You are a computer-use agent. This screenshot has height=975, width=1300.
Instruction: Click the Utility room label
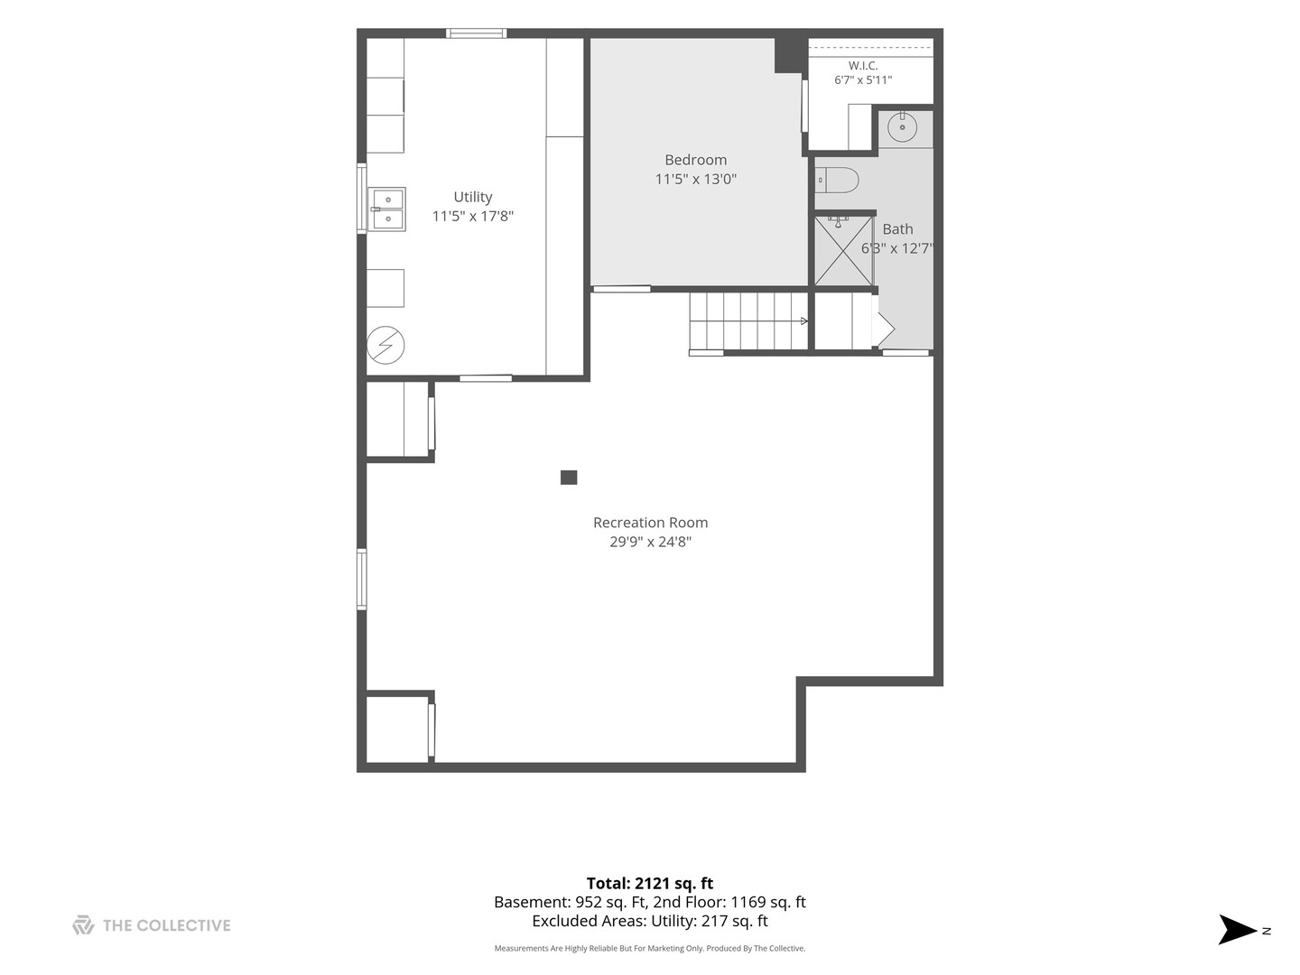(473, 197)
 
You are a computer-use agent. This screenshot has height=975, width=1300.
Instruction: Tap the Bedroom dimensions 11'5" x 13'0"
(695, 179)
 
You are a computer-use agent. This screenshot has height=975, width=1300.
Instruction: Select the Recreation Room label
(650, 523)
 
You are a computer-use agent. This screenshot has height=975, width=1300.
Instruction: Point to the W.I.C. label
(863, 66)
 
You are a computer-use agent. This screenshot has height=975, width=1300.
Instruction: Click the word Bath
(898, 229)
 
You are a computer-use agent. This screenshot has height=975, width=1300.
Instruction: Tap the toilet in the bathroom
(837, 180)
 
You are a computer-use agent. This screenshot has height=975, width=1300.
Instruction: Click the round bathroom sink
(902, 127)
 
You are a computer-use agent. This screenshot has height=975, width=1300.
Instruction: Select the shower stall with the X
(843, 251)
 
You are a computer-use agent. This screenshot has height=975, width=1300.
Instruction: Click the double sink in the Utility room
(386, 209)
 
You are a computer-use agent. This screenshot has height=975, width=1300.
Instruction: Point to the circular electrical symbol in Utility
(385, 345)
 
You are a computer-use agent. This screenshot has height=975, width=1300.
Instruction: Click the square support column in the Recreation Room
(569, 478)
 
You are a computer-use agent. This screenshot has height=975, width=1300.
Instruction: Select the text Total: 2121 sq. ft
(650, 883)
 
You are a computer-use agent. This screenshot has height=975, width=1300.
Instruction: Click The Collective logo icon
(83, 924)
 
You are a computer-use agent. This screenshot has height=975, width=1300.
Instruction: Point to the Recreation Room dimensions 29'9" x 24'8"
(650, 542)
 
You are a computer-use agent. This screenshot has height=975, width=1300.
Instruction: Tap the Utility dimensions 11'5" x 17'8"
(473, 216)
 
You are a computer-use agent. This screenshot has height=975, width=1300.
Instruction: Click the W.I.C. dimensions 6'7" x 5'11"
(863, 80)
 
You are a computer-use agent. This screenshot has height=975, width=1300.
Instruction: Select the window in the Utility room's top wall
(476, 33)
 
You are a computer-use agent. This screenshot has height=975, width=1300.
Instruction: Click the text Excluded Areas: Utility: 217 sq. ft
(650, 921)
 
